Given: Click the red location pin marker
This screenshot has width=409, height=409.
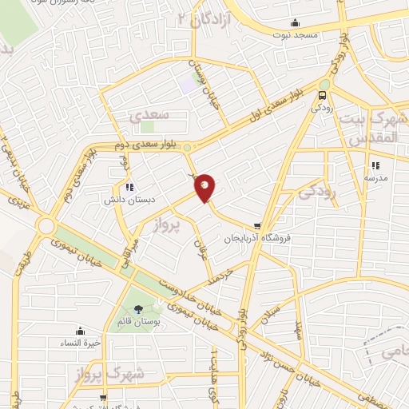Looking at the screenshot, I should pos(205,187).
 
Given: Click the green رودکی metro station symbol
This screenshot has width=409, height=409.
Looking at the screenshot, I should pos(324,85).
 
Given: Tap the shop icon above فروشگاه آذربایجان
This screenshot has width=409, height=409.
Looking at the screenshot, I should pos(256,226).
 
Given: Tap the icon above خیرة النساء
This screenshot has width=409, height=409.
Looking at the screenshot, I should pos(80,331).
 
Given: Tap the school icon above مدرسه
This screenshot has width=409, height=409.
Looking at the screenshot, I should pos(373,166).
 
